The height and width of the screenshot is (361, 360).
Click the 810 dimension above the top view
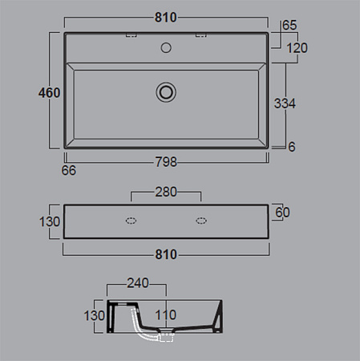point(166,18)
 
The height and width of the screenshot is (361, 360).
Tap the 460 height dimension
point(49,93)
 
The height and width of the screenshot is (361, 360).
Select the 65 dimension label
point(289,25)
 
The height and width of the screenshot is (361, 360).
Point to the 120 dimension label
point(297,48)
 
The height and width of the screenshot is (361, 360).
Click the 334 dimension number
point(285,103)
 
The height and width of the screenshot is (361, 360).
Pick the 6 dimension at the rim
point(292,147)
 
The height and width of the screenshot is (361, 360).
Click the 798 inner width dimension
point(166,162)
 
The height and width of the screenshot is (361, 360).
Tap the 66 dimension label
point(69,171)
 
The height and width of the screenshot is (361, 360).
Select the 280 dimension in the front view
point(166,192)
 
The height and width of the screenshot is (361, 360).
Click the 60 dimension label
point(282,213)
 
